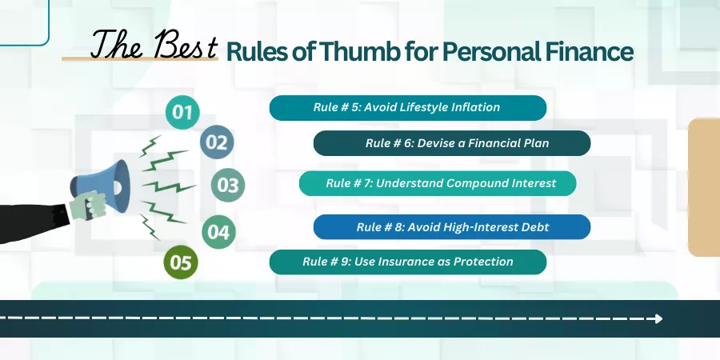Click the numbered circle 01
tap(182, 112)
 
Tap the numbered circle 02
tap(217, 142)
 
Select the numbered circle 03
tap(228, 185)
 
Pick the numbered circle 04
tap(218, 232)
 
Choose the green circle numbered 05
tap(181, 262)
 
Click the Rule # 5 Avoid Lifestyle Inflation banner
tap(408, 108)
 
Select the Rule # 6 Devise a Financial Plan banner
tap(452, 143)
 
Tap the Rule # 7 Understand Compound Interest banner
tap(438, 183)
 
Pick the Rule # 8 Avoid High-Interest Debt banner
tap(452, 227)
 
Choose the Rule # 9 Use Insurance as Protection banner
tap(408, 262)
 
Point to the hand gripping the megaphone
tap(87, 206)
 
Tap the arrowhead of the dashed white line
tap(659, 318)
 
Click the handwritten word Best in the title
tap(186, 46)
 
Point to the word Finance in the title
tap(589, 52)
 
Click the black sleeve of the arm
tap(32, 222)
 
